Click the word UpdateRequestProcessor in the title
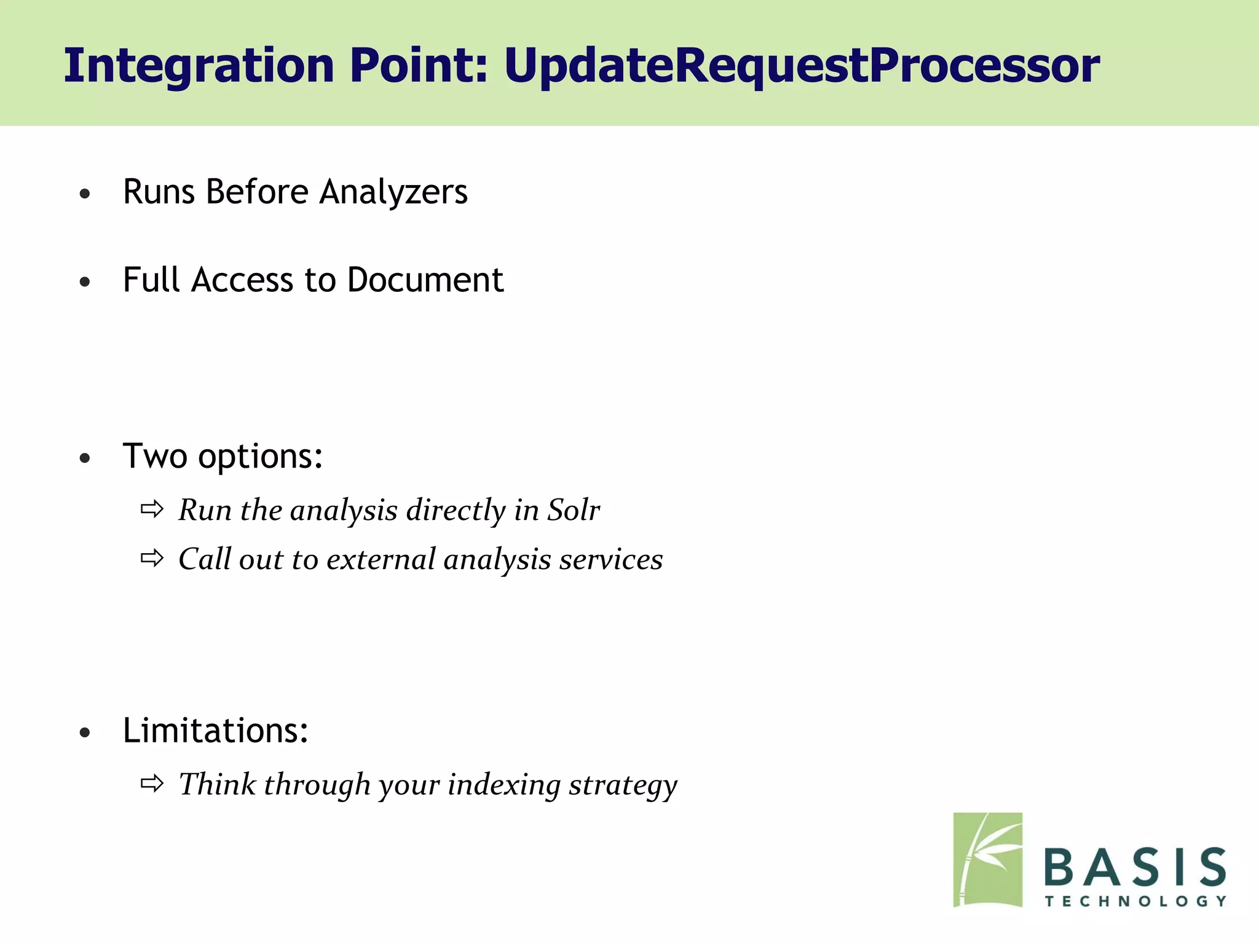[802, 66]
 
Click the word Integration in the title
[199, 66]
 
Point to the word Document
[425, 280]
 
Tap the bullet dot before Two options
[85, 458]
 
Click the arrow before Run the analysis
[152, 509]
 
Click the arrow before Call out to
[152, 558]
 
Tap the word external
[381, 559]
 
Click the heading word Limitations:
[215, 731]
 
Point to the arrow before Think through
[152, 784]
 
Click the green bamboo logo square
[987, 860]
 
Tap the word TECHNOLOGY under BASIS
[1135, 902]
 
